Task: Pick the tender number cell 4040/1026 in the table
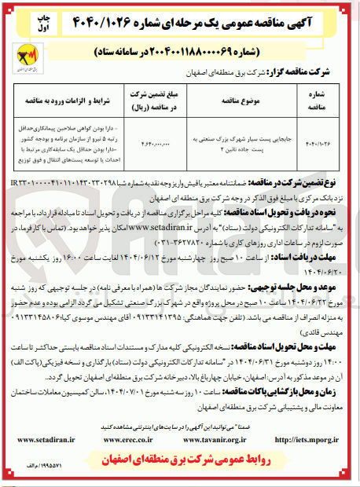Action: point(318,143)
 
